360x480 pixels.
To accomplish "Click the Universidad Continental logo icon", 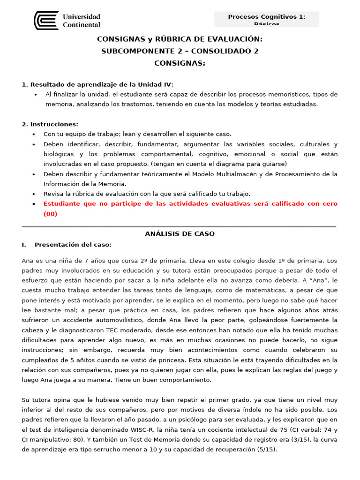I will pyautogui.click(x=46, y=21).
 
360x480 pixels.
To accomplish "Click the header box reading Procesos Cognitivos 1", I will pyautogui.click(x=266, y=19).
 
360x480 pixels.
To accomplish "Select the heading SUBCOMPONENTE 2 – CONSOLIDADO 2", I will pyautogui.click(x=180, y=51).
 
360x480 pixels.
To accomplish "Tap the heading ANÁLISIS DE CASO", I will pyautogui.click(x=180, y=234).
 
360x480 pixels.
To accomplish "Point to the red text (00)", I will pyautogui.click(x=50, y=214).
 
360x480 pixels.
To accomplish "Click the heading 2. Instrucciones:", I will pyautogui.click(x=50, y=124).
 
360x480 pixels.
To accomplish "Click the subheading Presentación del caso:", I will pyautogui.click(x=73, y=245).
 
